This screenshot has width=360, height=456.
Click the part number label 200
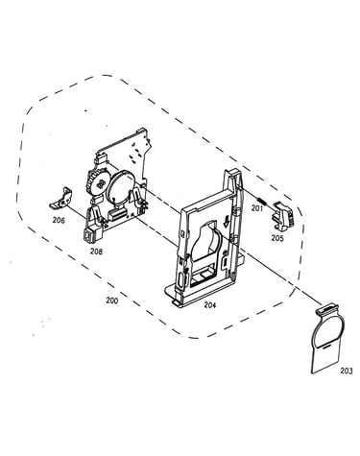pos(112,300)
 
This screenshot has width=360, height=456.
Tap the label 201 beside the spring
pos(257,208)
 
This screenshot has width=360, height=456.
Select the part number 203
pos(347,371)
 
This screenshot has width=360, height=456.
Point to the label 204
pos(210,305)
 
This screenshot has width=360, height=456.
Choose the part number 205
pos(277,238)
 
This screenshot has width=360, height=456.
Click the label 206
pos(59,220)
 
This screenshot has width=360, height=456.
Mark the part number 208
pos(96,252)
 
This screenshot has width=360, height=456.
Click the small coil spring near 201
pos(261,202)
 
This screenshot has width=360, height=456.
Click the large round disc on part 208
pos(120,186)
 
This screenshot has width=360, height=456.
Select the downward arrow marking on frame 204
pos(227,221)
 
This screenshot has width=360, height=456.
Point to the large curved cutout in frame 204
pos(205,240)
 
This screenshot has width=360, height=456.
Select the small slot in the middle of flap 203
pos(326,346)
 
